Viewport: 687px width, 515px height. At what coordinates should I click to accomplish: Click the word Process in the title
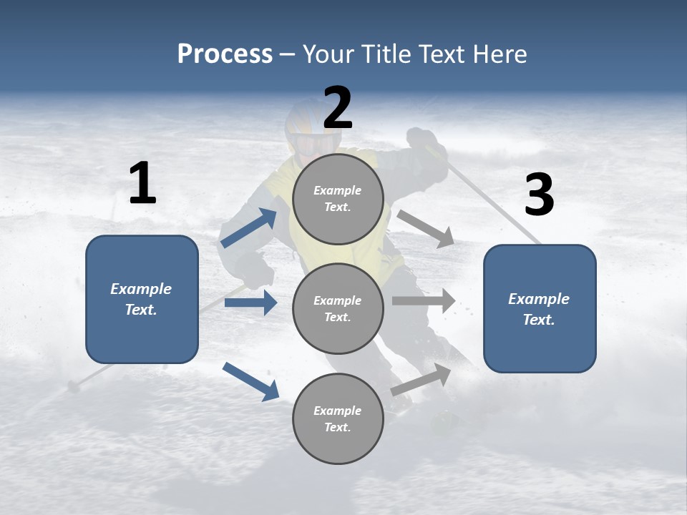point(225,54)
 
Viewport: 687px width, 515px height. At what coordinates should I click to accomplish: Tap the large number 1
point(142,184)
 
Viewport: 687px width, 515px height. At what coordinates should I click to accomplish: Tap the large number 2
point(338,108)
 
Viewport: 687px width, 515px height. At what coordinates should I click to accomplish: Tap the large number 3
point(539,195)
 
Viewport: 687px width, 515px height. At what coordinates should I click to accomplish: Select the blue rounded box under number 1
point(142,299)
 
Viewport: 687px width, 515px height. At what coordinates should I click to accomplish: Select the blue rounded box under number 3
point(540,308)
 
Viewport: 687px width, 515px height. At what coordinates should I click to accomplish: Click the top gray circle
point(338,199)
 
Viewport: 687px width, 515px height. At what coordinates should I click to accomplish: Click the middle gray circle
point(338,308)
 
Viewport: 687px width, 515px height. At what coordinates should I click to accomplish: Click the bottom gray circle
point(338,418)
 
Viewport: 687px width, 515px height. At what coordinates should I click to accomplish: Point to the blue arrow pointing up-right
point(249,227)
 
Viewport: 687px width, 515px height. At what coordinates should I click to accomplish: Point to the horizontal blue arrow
point(250,303)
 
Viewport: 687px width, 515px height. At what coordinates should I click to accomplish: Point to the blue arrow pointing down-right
point(250,381)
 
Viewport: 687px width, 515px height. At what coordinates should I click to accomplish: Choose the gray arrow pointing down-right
point(426,228)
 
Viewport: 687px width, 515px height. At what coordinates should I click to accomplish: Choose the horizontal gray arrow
point(423,300)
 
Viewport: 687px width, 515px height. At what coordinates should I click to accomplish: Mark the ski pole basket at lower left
point(73,387)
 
